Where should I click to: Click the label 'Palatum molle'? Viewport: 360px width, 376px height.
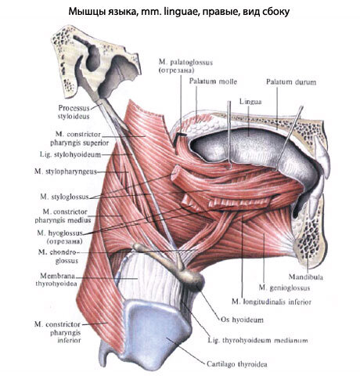(213, 81)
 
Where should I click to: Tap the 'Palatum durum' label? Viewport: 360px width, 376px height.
(291, 82)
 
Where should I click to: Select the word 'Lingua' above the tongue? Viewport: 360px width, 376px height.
(250, 102)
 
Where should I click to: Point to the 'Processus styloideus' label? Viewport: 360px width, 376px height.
(74, 112)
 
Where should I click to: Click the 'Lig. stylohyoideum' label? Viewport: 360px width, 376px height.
(70, 154)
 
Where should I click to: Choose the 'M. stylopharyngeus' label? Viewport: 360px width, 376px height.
(66, 172)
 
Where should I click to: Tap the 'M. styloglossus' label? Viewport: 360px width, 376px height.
(64, 197)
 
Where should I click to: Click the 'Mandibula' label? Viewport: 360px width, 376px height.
(306, 277)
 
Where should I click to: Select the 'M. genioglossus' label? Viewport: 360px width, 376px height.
(284, 287)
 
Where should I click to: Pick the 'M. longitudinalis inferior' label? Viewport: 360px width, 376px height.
(272, 302)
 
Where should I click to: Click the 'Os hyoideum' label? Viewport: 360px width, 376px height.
(242, 320)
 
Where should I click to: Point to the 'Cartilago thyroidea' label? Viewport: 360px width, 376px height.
(237, 363)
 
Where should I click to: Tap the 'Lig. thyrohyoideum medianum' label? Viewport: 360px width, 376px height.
(257, 341)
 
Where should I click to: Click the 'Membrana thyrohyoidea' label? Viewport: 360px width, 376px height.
(57, 280)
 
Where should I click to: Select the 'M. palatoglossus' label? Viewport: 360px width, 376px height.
(185, 66)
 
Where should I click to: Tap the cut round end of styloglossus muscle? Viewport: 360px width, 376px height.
(175, 172)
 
